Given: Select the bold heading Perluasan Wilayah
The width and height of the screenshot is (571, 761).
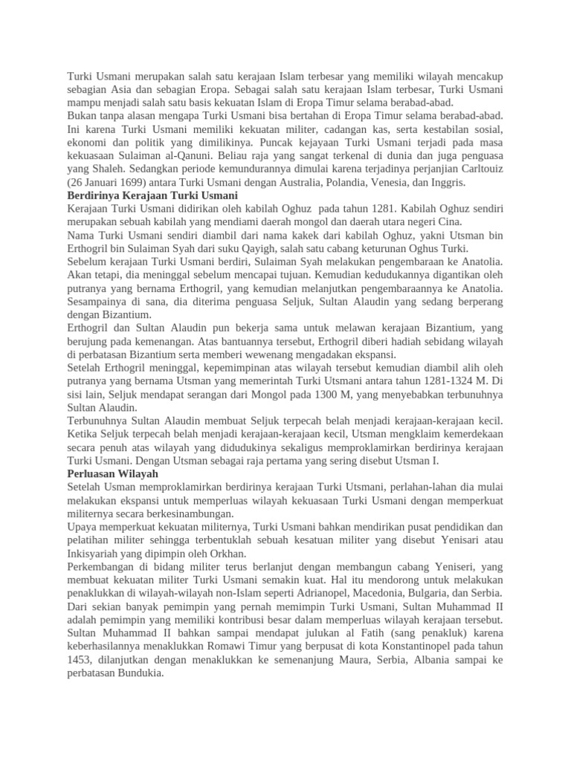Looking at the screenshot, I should tap(112, 473).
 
